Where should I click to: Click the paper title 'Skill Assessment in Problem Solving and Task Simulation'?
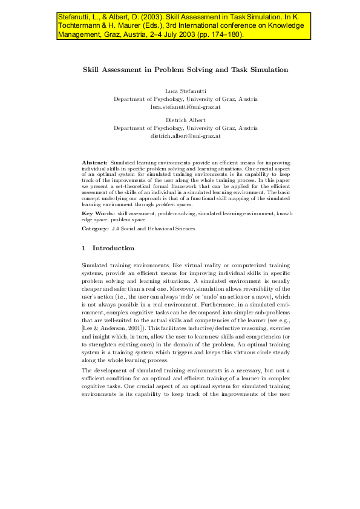click(185, 70)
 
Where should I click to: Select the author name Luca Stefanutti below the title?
click(185, 91)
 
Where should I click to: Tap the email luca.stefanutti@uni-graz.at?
click(185, 106)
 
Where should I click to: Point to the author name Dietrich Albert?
click(185, 121)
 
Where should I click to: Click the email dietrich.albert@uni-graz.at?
click(185, 136)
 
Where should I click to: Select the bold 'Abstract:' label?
click(95, 163)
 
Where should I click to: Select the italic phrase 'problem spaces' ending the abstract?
click(173, 206)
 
